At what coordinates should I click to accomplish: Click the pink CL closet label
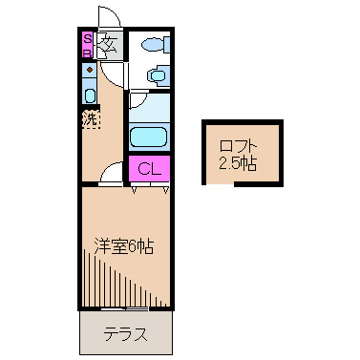(x=148, y=169)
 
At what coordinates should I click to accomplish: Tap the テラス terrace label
(x=125, y=334)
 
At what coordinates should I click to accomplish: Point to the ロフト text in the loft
(x=238, y=145)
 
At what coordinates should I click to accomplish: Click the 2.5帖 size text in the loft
(x=238, y=161)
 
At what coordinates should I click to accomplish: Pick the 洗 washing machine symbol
(x=89, y=121)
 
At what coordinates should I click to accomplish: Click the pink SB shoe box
(x=86, y=46)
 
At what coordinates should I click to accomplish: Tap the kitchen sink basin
(x=89, y=93)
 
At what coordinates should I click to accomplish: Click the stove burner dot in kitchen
(x=89, y=70)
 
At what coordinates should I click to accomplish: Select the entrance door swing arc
(x=111, y=20)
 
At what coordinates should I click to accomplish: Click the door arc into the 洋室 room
(x=113, y=171)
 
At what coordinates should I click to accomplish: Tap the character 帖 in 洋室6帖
(x=146, y=246)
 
